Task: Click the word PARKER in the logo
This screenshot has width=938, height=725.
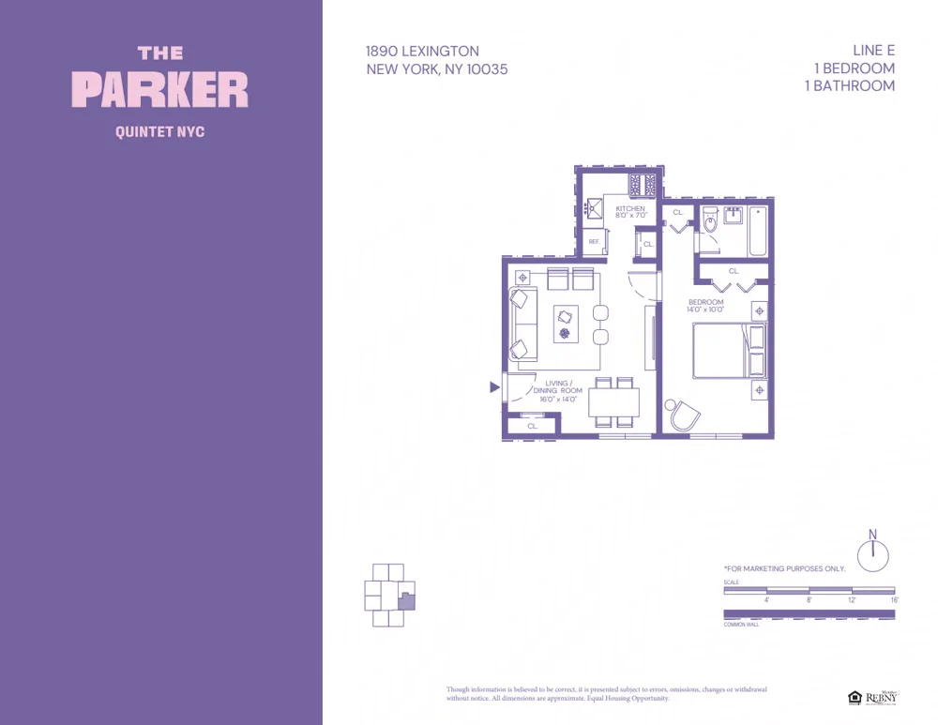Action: click(x=160, y=90)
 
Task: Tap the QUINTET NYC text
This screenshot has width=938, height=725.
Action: click(x=160, y=132)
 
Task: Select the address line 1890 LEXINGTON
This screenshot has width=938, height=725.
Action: click(x=422, y=52)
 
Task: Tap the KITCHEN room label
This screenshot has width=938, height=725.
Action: click(x=629, y=208)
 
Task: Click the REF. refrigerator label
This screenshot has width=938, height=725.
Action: click(x=594, y=242)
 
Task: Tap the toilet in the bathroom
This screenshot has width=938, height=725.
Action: click(x=709, y=221)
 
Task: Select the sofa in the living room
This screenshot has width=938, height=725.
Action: click(x=522, y=325)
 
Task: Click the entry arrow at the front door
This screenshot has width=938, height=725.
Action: click(x=493, y=386)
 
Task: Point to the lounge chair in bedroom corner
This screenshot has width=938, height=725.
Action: click(x=683, y=415)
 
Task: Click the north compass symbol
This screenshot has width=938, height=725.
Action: click(x=872, y=553)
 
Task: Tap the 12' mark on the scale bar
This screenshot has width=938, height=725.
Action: click(x=851, y=600)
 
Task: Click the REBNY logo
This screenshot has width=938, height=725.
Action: click(x=880, y=698)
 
